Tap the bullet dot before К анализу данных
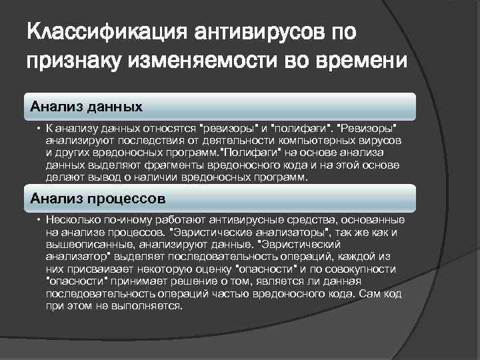(39, 127)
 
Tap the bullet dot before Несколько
(39, 219)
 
